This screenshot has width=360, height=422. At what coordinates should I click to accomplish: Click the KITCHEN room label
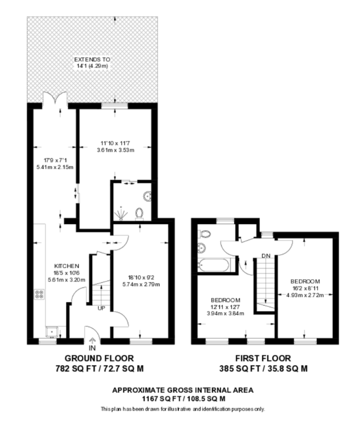[x=66, y=266]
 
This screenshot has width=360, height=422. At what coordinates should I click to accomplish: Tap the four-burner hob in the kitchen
[x=39, y=294]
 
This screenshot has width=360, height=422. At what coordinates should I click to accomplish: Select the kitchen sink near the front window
[x=52, y=332]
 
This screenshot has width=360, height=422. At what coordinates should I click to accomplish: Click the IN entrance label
[x=92, y=348]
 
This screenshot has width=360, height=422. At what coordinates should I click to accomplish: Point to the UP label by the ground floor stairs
[x=101, y=308]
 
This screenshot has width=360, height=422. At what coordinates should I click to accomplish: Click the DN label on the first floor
[x=266, y=256]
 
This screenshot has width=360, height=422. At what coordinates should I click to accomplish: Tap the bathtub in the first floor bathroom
[x=213, y=265]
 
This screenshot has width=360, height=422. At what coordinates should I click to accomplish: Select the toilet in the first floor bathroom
[x=204, y=234]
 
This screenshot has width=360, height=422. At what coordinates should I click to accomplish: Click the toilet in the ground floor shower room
[x=139, y=214]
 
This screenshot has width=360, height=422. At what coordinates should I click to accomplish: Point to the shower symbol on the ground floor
[x=121, y=214]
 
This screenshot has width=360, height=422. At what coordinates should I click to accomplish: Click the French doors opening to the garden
[x=55, y=98]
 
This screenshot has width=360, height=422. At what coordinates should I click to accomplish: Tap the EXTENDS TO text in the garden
[x=92, y=60]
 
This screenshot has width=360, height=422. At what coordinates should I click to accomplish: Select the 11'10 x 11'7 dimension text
[x=115, y=143]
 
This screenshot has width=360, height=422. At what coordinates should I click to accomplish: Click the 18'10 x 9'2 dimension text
[x=141, y=278]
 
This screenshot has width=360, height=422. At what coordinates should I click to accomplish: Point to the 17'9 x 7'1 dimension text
[x=55, y=160]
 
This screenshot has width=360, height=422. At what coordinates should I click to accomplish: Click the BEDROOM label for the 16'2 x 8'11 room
[x=305, y=282]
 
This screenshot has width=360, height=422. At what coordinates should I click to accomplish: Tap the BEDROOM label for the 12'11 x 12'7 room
[x=226, y=300]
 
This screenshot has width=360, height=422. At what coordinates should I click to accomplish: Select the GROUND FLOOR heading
[x=99, y=358]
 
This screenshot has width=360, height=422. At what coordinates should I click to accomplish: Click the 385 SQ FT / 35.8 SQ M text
[x=263, y=368]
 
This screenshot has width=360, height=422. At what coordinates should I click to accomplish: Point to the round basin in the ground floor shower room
[x=147, y=196]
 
